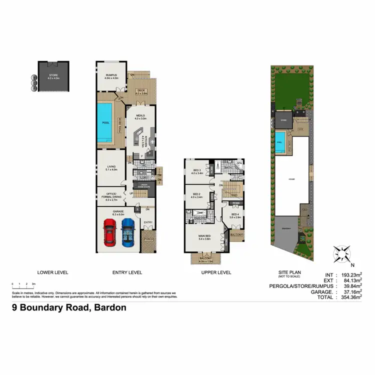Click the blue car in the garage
coord(128,232)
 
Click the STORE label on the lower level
coord(53,76)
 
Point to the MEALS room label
coord(139,116)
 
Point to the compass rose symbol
coord(341,254)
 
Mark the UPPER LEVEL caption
coord(216,272)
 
